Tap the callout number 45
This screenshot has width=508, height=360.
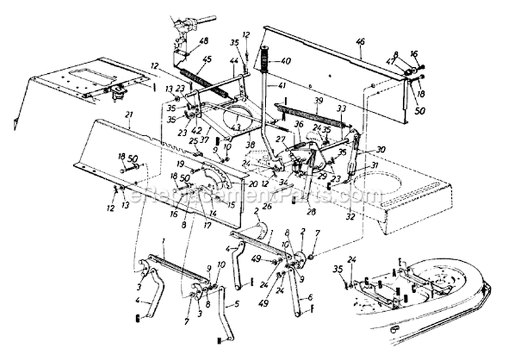[x=207, y=58]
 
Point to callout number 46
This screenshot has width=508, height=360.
[x=360, y=41]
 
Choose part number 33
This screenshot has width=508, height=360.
[x=341, y=108]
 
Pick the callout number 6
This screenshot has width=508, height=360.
[x=310, y=297]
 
